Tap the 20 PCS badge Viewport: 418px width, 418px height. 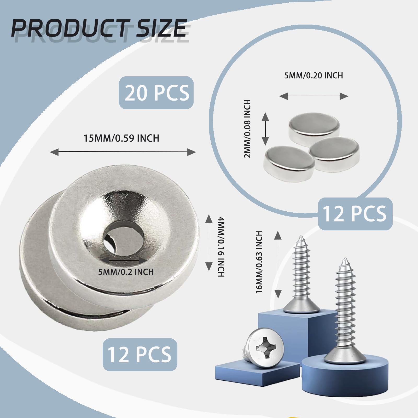156,92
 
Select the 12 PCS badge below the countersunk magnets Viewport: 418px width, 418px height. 140,355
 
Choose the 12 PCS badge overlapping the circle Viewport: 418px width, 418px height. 355,213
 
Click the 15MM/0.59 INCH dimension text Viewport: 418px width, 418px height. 121,138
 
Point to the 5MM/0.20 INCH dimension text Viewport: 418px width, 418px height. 313,76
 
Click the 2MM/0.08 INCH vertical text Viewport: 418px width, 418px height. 247,128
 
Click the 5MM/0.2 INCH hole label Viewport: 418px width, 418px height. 126,272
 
